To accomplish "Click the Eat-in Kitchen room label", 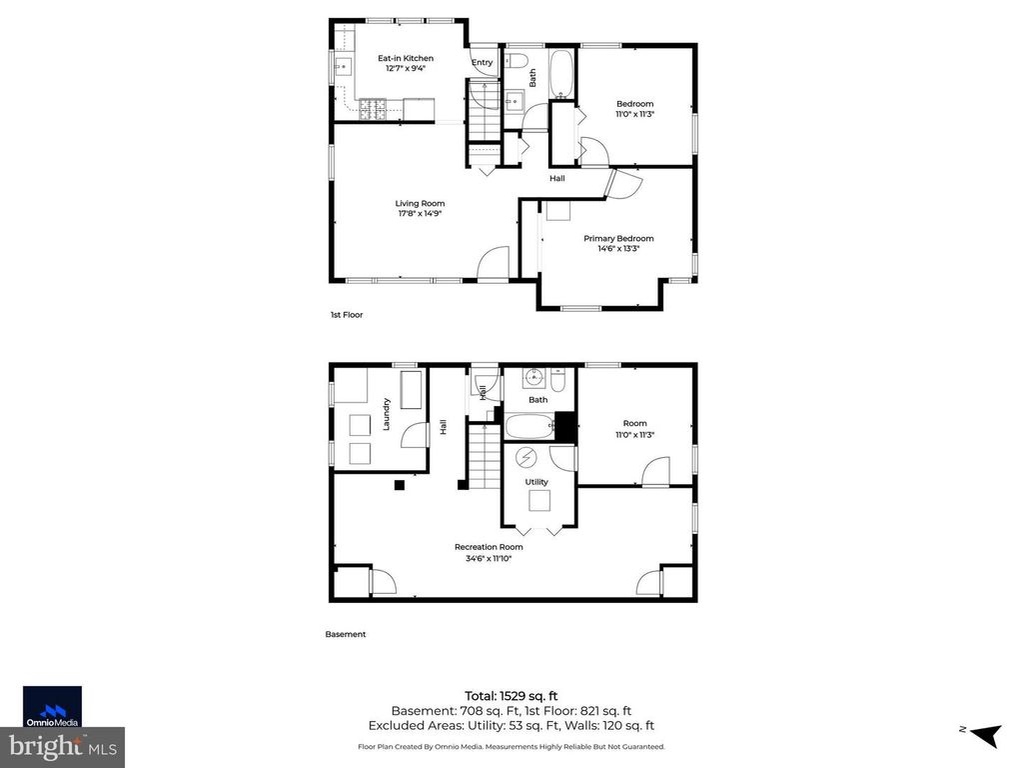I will [405, 58].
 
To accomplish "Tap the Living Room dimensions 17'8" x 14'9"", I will [420, 213].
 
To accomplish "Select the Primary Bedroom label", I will [618, 238].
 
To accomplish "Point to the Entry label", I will [483, 63].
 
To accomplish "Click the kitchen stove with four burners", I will [373, 107].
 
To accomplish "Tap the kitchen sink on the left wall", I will [340, 68].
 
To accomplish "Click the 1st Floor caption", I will [347, 315].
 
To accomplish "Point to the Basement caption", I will [346, 634].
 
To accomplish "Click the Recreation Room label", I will [489, 547].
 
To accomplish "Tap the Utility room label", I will [536, 482].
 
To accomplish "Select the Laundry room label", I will [385, 415].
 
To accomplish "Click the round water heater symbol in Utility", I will [525, 458].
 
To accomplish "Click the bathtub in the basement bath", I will [529, 427].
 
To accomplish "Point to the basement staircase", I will [484, 455].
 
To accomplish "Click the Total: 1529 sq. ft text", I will [511, 695].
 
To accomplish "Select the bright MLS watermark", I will [62, 745].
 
